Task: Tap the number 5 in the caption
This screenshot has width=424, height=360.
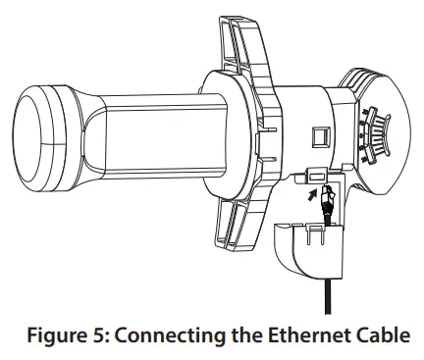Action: click(x=109, y=335)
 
